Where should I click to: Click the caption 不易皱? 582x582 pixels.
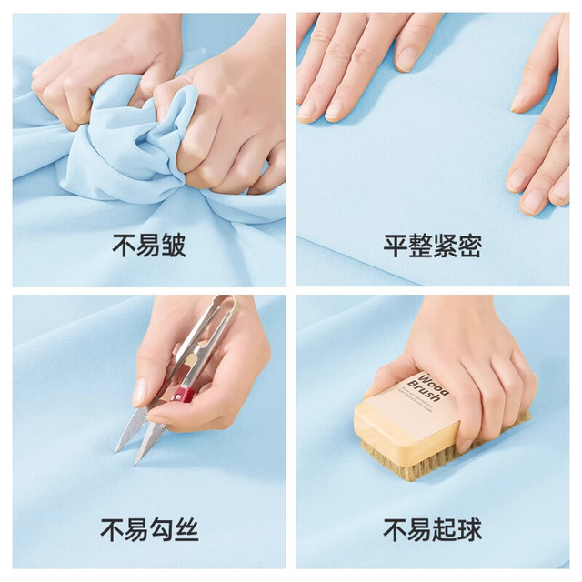click(x=149, y=246)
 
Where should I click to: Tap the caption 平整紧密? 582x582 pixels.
click(x=433, y=246)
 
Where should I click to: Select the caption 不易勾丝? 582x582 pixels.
click(x=149, y=529)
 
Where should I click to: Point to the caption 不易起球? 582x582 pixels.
click(x=433, y=529)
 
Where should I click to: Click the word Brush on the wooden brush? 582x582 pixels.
click(x=424, y=391)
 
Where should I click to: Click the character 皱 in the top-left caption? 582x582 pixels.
click(x=174, y=246)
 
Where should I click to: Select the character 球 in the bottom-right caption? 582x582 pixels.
click(x=469, y=529)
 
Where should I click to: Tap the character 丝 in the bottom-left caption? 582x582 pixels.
click(x=186, y=529)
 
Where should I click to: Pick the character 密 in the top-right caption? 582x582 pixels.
click(x=469, y=246)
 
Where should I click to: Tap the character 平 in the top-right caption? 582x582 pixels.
click(x=396, y=246)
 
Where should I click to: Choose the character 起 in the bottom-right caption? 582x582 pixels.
click(x=445, y=529)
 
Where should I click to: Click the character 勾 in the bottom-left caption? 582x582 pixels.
click(x=162, y=529)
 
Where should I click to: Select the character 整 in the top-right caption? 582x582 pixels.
click(x=420, y=246)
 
